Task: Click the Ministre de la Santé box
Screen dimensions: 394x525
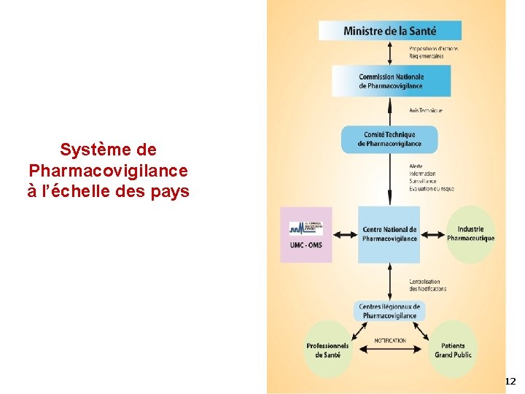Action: click(390, 31)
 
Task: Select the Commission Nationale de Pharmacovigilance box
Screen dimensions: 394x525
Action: click(390, 81)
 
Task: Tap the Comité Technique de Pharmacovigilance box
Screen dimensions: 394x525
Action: click(389, 139)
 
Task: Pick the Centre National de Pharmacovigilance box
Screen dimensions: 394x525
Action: click(389, 234)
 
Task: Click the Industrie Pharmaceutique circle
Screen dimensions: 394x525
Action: click(470, 233)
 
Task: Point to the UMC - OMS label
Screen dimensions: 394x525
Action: click(306, 244)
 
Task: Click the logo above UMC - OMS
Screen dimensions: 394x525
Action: click(306, 228)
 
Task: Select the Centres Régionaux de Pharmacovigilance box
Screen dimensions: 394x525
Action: click(389, 311)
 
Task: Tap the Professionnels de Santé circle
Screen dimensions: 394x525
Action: click(327, 349)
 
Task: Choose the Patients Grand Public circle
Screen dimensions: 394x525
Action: click(453, 349)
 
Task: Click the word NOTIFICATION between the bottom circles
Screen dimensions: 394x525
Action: click(390, 341)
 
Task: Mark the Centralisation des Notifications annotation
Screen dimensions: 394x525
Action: click(427, 285)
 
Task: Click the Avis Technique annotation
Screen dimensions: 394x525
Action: click(425, 110)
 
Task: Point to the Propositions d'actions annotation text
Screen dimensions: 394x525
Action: click(433, 49)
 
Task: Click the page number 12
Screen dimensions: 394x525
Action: click(510, 382)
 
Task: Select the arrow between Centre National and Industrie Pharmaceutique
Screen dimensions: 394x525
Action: click(433, 234)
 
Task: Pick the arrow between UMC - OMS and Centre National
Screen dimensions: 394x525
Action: click(345, 234)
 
